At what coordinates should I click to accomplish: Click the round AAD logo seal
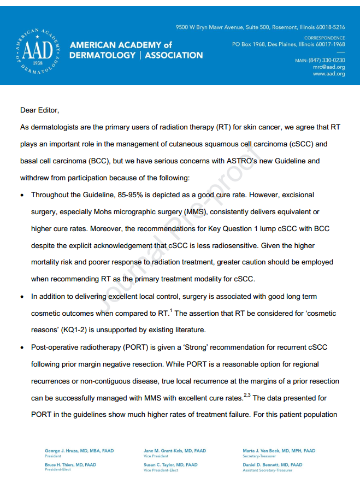[x=38, y=50]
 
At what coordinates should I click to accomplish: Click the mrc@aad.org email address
[x=329, y=67]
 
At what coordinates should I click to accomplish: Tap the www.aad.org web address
[x=329, y=74]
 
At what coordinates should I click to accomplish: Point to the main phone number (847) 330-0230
[x=327, y=60]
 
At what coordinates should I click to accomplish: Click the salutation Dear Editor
[x=39, y=110]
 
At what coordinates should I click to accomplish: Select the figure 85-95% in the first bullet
[x=146, y=195]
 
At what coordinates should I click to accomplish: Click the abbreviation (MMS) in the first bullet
[x=196, y=211]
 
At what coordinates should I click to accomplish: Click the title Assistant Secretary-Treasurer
[x=268, y=470]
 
